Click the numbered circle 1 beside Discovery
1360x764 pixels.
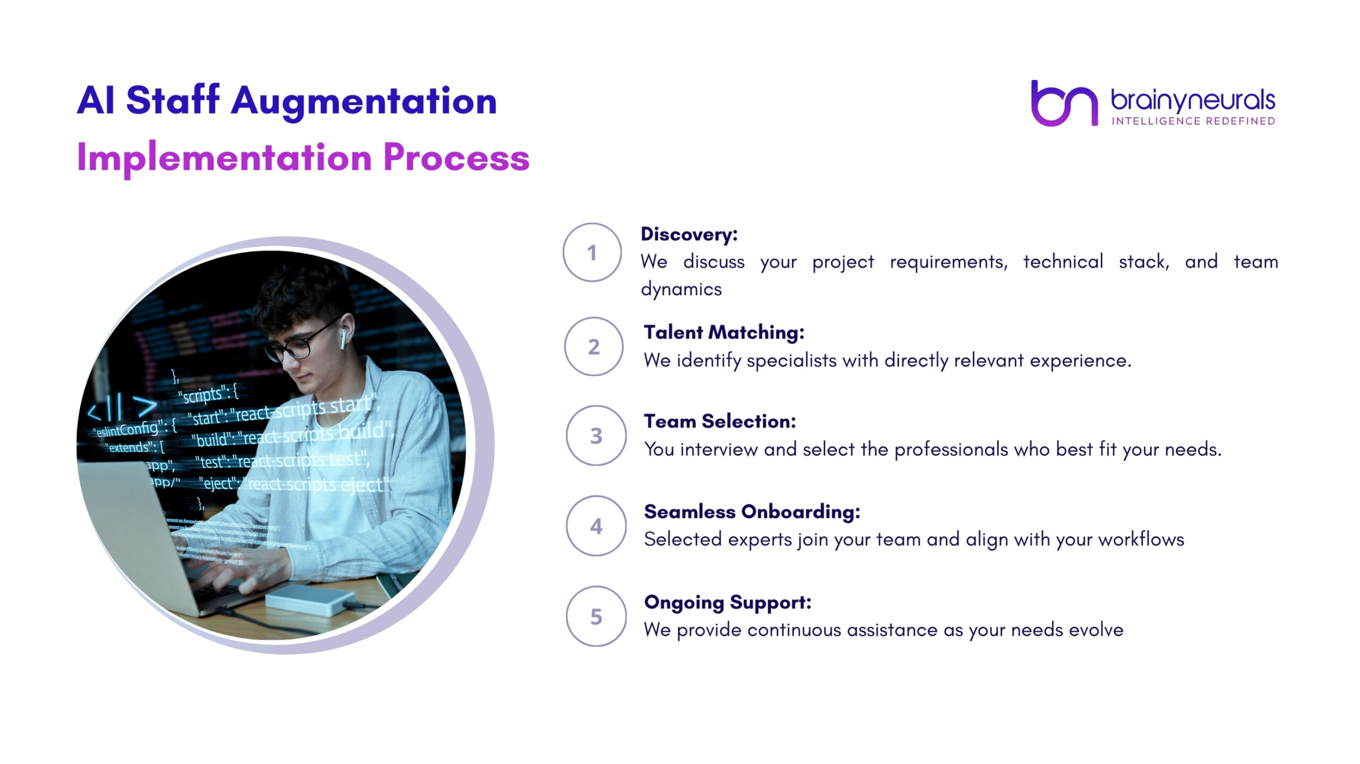pyautogui.click(x=592, y=252)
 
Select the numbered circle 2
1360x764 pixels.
pyautogui.click(x=593, y=346)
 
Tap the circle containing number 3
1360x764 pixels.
pyautogui.click(x=596, y=436)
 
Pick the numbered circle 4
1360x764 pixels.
pyautogui.click(x=596, y=526)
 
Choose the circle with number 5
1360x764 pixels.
pyautogui.click(x=596, y=616)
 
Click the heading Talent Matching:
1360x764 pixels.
pyautogui.click(x=724, y=333)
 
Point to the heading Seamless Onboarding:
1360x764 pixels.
pyautogui.click(x=752, y=512)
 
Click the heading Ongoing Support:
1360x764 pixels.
pyautogui.click(x=727, y=602)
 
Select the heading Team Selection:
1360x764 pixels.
pyautogui.click(x=720, y=421)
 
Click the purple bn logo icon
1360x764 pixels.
pyautogui.click(x=1064, y=103)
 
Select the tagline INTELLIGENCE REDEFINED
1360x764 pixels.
pyautogui.click(x=1193, y=122)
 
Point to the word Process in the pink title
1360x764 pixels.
pyautogui.click(x=456, y=158)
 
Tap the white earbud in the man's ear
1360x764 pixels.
pyautogui.click(x=343, y=338)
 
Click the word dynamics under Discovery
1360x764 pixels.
pyautogui.click(x=681, y=290)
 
